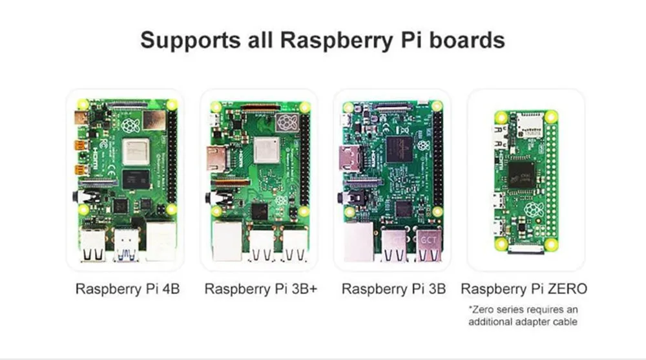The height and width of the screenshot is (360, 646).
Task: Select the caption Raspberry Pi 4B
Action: click(127, 289)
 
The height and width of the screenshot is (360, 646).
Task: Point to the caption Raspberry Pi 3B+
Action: click(261, 289)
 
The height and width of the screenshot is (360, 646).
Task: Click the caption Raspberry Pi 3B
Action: click(393, 289)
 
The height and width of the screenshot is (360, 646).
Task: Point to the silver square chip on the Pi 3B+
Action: click(266, 151)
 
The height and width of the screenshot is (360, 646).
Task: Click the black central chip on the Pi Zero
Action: click(521, 172)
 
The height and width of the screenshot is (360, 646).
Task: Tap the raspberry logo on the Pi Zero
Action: click(534, 209)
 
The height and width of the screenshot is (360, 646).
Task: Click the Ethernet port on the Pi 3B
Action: click(359, 240)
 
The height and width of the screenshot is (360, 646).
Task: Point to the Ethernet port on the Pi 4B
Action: click(160, 240)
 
